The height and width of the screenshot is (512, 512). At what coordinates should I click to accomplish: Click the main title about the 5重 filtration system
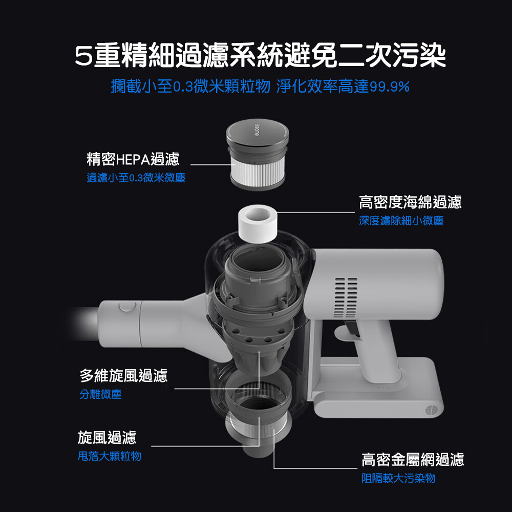tap(260, 55)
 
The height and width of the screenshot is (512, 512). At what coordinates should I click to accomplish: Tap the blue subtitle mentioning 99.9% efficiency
tap(260, 87)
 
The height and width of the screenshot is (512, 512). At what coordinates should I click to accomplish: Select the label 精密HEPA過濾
tap(133, 159)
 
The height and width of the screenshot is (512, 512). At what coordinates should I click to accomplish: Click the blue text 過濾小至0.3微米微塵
tap(136, 178)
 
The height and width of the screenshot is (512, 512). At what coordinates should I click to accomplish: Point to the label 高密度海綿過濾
tap(411, 202)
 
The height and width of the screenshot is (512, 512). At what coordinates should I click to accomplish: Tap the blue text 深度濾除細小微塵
tap(401, 221)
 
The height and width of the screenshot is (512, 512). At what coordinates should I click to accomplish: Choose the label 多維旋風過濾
tap(123, 375)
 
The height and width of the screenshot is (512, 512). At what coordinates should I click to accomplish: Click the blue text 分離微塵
tap(100, 394)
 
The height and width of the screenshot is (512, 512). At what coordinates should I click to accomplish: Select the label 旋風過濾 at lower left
tap(107, 437)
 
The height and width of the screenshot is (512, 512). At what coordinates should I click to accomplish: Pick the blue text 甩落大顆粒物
tap(110, 456)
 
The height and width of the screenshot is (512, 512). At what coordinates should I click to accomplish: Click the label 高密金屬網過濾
tap(413, 459)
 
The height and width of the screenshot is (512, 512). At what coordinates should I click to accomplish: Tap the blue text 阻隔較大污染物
tap(398, 478)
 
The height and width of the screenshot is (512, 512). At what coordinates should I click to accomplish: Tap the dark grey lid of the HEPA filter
tap(258, 133)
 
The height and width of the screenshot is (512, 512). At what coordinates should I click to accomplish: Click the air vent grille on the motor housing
tap(346, 297)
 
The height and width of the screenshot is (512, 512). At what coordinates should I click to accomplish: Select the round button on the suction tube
tap(127, 307)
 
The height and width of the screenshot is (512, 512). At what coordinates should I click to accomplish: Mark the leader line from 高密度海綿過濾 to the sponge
tap(316, 212)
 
